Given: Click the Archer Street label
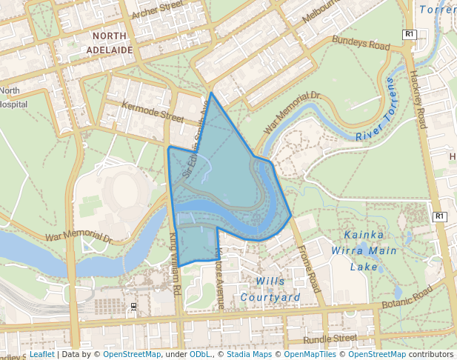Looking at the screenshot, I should coord(156,9).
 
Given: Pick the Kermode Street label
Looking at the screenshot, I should coord(153,113).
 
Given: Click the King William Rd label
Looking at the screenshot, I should coord(176,259).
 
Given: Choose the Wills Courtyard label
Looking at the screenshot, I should coord(270,289).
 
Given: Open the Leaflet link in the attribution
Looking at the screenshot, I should coord(41,355).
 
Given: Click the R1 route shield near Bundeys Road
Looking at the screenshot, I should coord(408,34).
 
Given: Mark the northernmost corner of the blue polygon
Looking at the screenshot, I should coord(211,93).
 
